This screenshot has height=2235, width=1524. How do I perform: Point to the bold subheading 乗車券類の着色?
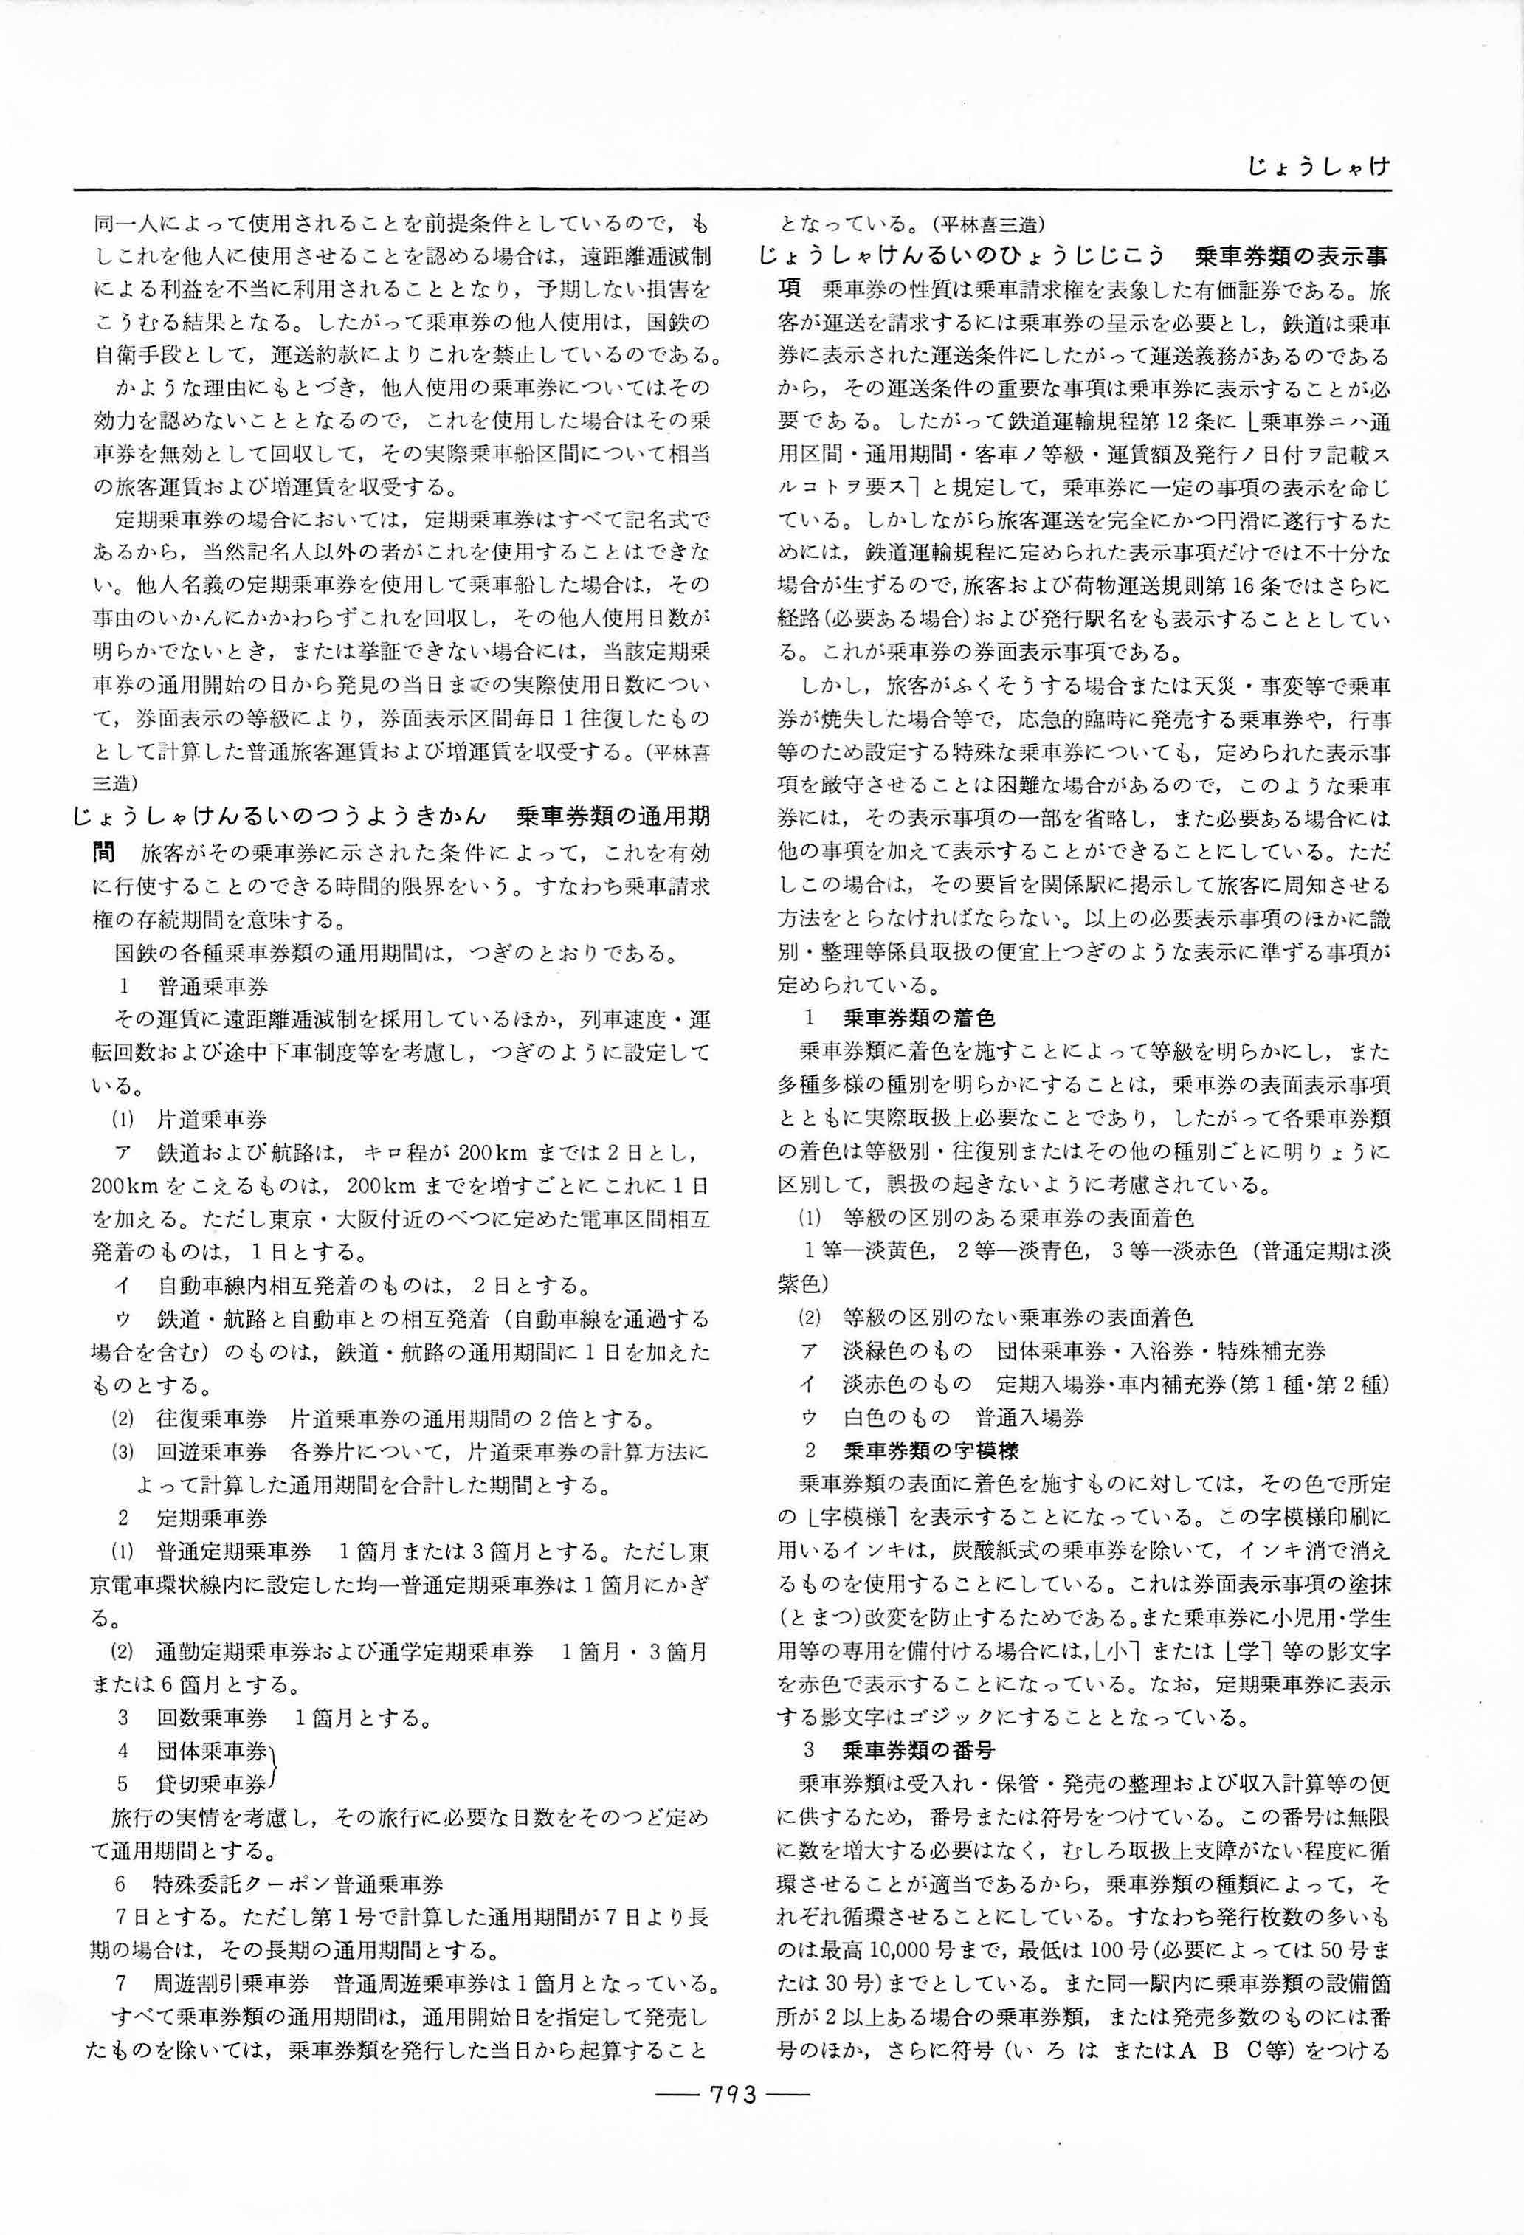pyautogui.click(x=918, y=1017)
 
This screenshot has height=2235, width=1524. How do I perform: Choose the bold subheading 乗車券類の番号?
pyautogui.click(x=918, y=1749)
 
